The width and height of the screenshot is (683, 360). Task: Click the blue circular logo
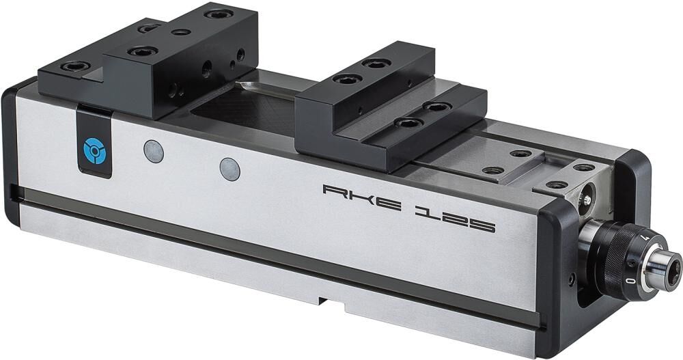[92, 149]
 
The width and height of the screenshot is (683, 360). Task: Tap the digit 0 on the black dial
[634, 280]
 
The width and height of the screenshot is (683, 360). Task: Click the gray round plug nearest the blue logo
[152, 150]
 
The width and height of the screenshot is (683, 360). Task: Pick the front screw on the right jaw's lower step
[408, 123]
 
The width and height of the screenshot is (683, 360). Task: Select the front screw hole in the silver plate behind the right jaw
[492, 170]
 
